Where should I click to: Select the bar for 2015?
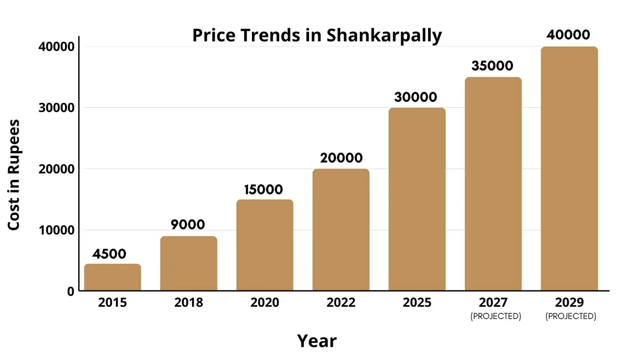tap(112, 277)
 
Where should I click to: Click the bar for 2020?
tap(265, 245)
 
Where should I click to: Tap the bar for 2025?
tap(417, 199)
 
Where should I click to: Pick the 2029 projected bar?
tap(569, 169)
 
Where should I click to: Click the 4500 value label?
tap(109, 254)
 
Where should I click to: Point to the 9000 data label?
tap(188, 224)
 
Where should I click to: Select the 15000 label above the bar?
tap(263, 190)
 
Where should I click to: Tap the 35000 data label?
tap(492, 66)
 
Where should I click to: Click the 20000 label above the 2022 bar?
tap(341, 158)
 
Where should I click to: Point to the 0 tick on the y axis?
tap(71, 292)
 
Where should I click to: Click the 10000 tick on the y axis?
tap(57, 230)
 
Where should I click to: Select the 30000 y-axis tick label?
tap(57, 108)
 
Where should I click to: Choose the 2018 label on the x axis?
tap(189, 303)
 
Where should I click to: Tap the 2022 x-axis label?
tap(341, 303)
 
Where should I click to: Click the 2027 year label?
tap(493, 303)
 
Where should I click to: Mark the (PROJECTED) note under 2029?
tap(571, 316)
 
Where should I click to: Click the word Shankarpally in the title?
tap(384, 35)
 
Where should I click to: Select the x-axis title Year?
tap(317, 341)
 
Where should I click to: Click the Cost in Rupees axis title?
tap(14, 175)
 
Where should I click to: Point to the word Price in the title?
tap(214, 35)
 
